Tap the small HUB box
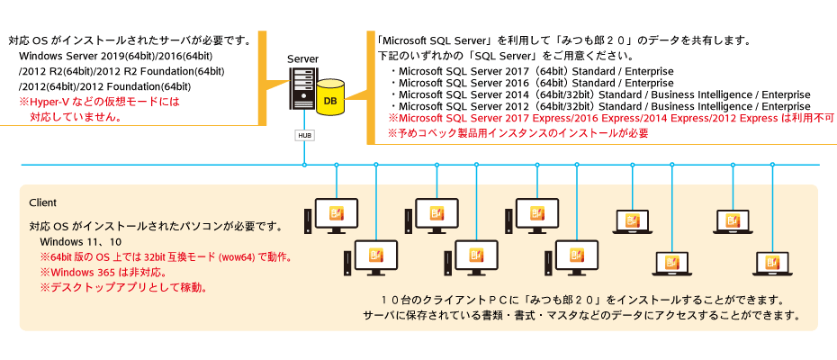pos(304,135)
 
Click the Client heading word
pos(43,202)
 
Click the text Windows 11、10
pos(81,242)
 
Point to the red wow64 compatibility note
pos(166,257)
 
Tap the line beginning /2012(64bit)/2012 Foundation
pos(104,86)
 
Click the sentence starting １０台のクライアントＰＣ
pos(586,300)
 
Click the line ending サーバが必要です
pos(135,40)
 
